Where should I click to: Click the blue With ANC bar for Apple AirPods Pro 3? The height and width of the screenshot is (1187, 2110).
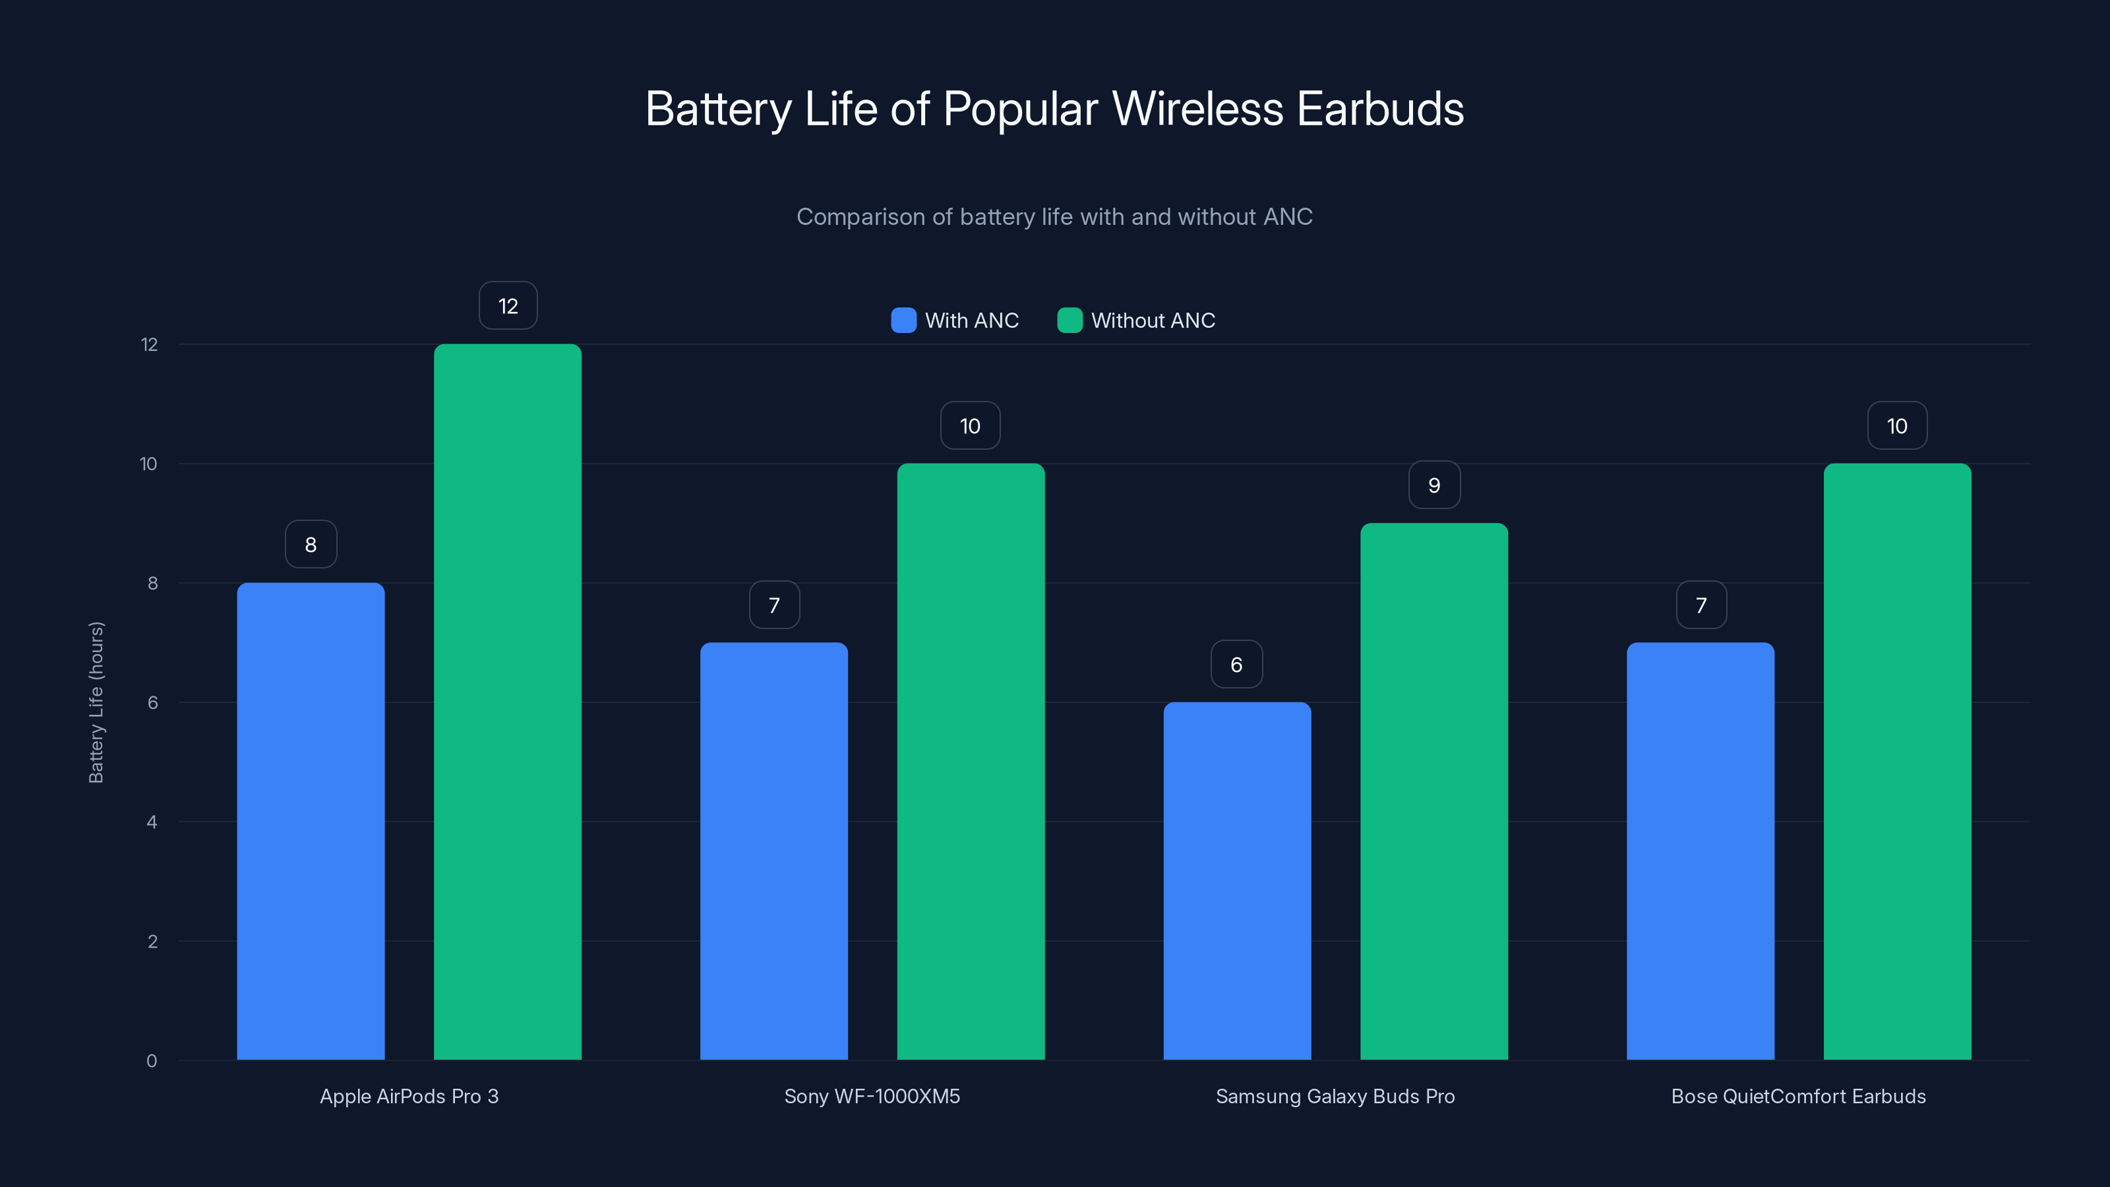(311, 821)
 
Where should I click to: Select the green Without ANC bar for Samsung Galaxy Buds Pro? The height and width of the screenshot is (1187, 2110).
(1433, 791)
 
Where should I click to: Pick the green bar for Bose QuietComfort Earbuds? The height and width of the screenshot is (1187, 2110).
(1897, 762)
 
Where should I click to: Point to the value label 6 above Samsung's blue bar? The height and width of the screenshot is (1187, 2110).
(1236, 664)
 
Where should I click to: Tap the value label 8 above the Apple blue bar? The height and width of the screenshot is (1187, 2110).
(311, 545)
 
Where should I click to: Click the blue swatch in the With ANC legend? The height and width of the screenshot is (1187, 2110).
(903, 320)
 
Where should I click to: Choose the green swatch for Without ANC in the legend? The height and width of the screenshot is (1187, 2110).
(1069, 320)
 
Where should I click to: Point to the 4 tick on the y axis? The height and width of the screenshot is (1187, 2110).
(152, 822)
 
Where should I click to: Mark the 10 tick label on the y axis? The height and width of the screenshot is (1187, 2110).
(148, 464)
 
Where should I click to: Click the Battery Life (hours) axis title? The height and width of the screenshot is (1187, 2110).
(96, 702)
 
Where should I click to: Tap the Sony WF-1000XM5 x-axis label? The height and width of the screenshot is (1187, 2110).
(872, 1096)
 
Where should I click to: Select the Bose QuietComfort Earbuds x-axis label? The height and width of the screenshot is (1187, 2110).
(1798, 1096)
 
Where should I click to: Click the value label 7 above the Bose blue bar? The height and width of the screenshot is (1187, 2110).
(1701, 605)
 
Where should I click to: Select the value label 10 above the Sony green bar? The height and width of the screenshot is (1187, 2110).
(970, 426)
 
